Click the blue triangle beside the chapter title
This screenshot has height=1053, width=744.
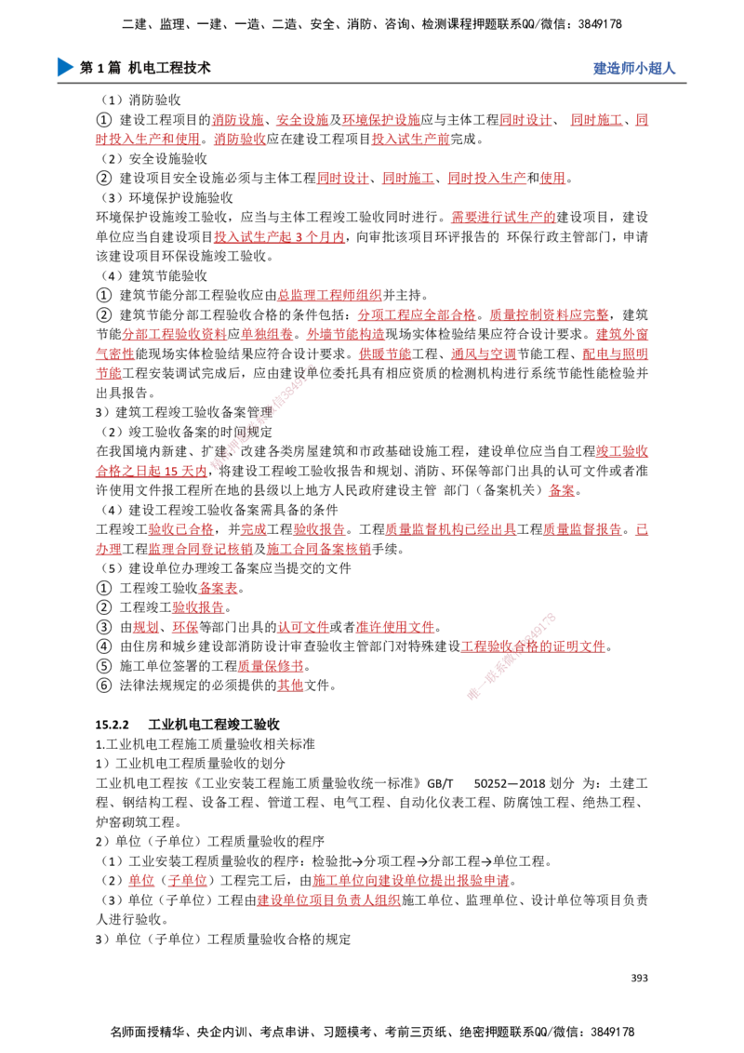(x=65, y=67)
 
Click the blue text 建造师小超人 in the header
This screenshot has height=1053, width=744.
(x=634, y=68)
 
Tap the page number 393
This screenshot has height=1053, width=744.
(x=639, y=978)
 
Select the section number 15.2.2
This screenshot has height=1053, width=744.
(x=113, y=725)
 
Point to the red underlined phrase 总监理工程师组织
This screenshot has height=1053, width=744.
(x=330, y=295)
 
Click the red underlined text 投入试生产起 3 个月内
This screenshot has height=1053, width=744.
(x=279, y=236)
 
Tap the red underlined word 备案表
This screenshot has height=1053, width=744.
(x=219, y=588)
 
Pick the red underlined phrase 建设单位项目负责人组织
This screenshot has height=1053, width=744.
(x=329, y=900)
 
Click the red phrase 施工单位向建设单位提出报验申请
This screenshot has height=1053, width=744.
(x=411, y=880)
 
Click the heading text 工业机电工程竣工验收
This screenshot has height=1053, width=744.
(x=214, y=725)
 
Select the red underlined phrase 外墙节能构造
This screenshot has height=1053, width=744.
(x=346, y=334)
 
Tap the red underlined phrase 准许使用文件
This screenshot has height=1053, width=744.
(x=395, y=627)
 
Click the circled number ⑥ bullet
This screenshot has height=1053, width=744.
(x=103, y=685)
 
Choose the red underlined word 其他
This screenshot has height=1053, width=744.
(x=291, y=685)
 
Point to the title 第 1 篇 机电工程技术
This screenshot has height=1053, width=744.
(x=145, y=67)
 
